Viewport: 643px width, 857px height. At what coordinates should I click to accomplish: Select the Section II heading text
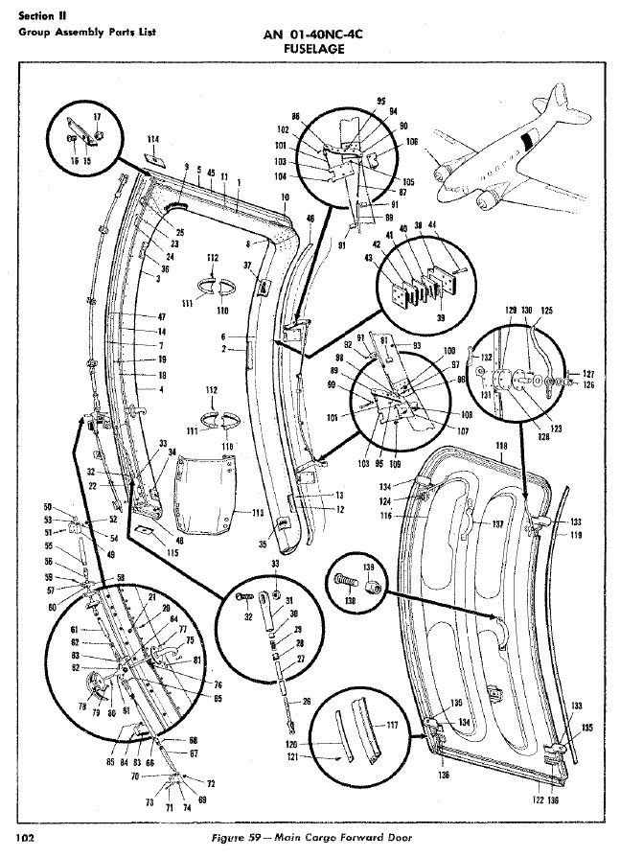point(38,14)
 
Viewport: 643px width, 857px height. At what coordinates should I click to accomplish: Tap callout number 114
point(152,139)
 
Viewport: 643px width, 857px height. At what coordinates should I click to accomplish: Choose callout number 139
point(367,567)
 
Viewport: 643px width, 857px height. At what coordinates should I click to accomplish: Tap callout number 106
point(412,142)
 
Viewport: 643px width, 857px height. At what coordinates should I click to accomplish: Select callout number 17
point(96,116)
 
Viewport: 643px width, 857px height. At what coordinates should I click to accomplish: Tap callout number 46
point(310,219)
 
